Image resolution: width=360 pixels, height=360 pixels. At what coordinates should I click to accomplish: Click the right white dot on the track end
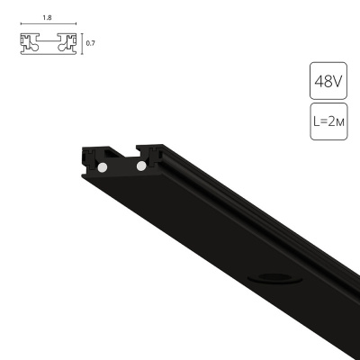tap(140, 166)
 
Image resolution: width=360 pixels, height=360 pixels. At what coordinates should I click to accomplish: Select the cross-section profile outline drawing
tap(49, 42)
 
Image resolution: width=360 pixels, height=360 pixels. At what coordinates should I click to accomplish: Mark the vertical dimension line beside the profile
tap(82, 42)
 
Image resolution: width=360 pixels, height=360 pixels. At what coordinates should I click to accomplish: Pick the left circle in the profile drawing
tap(33, 49)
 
